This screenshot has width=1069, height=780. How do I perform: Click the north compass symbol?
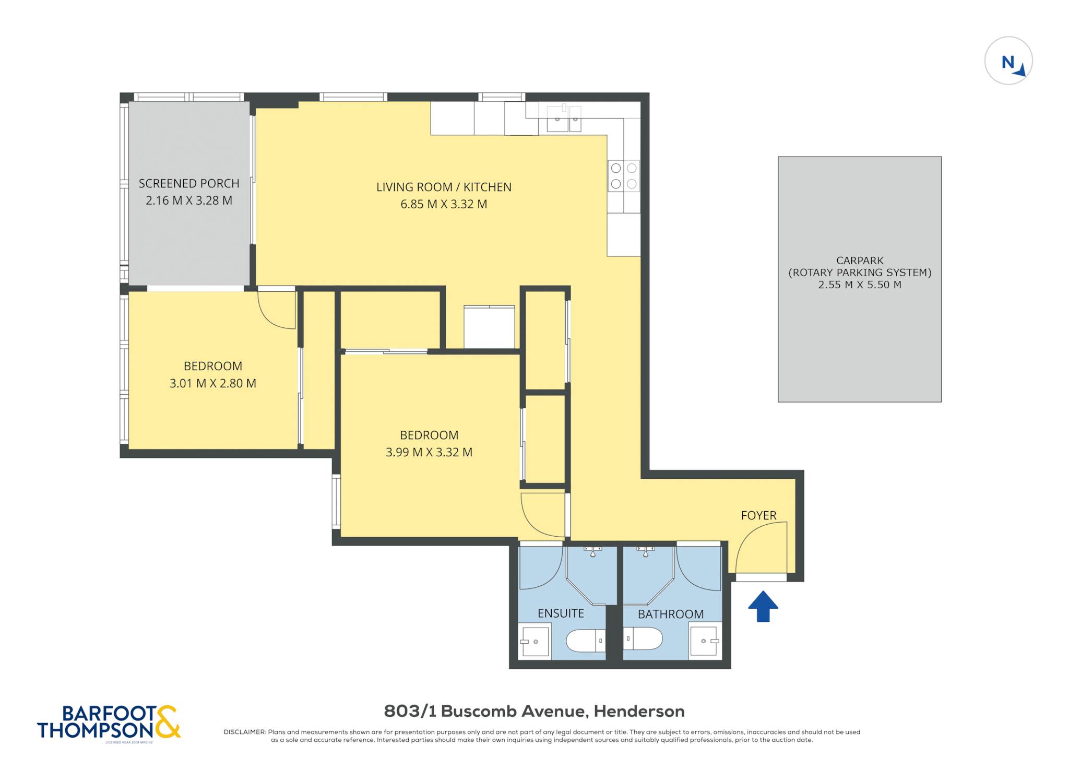1008,61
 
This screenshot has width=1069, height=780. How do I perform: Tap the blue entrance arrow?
763,606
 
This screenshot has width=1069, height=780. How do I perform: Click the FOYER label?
758,515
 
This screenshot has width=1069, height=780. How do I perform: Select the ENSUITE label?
561,613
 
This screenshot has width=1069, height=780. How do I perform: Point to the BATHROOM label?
671,614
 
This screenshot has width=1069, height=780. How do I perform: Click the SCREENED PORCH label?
189,183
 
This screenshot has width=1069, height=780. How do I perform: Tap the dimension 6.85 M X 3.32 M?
444,204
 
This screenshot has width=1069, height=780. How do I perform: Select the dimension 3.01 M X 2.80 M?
213,383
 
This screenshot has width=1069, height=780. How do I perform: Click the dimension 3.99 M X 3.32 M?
429,452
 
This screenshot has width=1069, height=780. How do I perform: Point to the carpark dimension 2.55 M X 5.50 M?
860,285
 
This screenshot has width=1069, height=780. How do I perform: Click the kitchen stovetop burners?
624,176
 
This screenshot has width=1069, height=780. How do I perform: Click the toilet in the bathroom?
643,638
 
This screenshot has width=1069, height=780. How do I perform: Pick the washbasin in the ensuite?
534,641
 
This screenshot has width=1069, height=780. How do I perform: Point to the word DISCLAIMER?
245,732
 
